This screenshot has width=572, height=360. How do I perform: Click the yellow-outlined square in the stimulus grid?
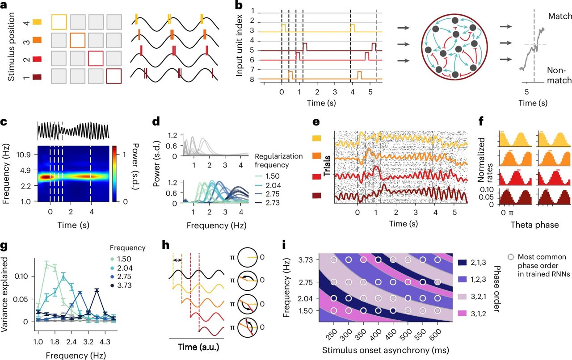pos(59,22)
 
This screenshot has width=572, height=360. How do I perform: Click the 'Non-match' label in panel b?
pos(559,75)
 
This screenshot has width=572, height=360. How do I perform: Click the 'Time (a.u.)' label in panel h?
pos(196,346)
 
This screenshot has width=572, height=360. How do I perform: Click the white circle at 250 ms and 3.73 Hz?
pos(333,260)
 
